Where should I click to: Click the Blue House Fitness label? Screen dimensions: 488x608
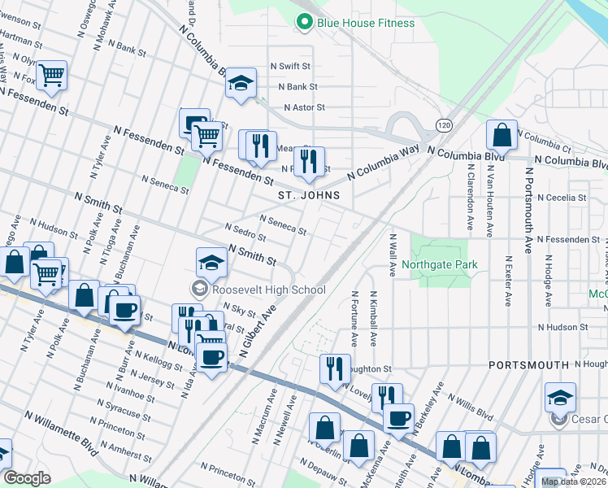click(366, 23)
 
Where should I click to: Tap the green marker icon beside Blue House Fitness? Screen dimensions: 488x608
click(305, 23)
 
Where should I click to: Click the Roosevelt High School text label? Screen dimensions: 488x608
click(269, 290)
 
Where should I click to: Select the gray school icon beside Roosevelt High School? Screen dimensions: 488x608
click(199, 289)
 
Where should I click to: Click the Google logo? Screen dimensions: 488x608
click(27, 478)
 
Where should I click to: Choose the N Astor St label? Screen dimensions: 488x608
click(304, 107)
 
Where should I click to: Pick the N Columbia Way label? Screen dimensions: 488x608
click(382, 163)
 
